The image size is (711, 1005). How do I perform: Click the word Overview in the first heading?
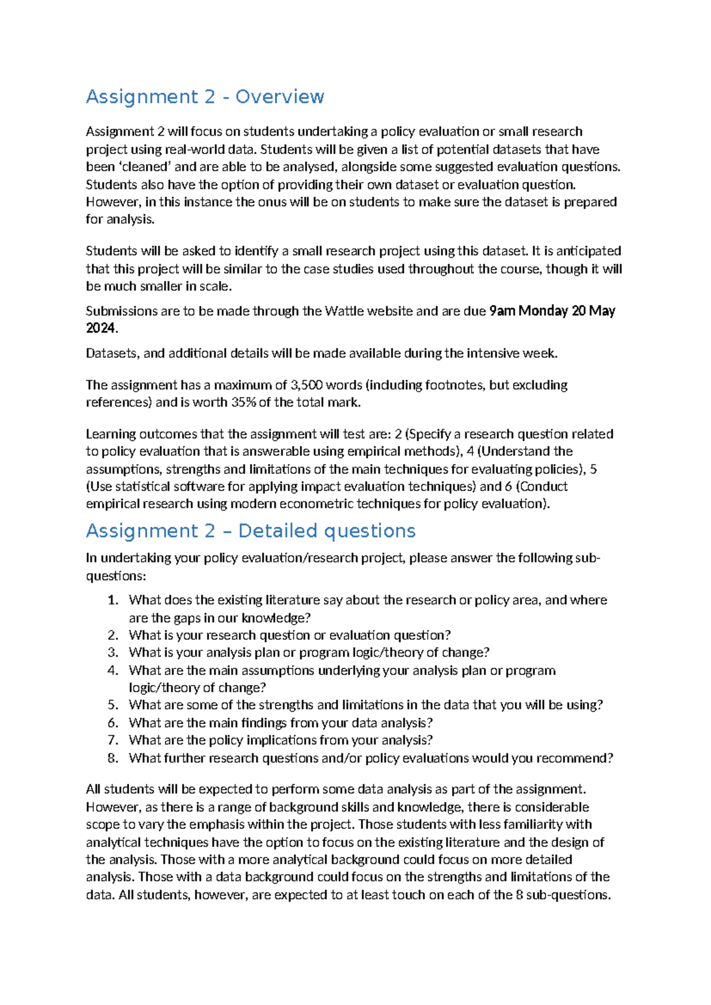280,97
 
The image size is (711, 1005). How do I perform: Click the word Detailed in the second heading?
277,530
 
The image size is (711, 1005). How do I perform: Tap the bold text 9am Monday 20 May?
552,311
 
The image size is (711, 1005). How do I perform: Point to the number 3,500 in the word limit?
306,385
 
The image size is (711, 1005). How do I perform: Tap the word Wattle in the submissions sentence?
345,311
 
